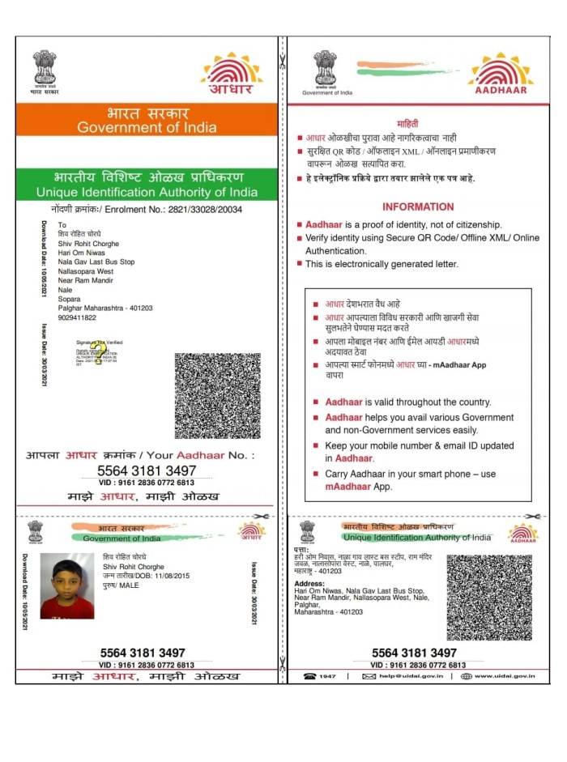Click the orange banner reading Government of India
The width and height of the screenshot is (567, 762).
click(x=147, y=120)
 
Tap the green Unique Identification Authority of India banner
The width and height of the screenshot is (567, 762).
click(x=147, y=184)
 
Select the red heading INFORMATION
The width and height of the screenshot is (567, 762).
click(x=418, y=206)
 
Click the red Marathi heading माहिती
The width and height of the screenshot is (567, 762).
click(x=419, y=122)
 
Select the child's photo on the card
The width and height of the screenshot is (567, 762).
click(x=67, y=585)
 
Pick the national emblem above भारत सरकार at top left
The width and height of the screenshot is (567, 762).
click(x=45, y=67)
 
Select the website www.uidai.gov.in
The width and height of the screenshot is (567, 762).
click(x=495, y=676)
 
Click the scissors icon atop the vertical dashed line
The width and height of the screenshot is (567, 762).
click(x=282, y=59)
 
